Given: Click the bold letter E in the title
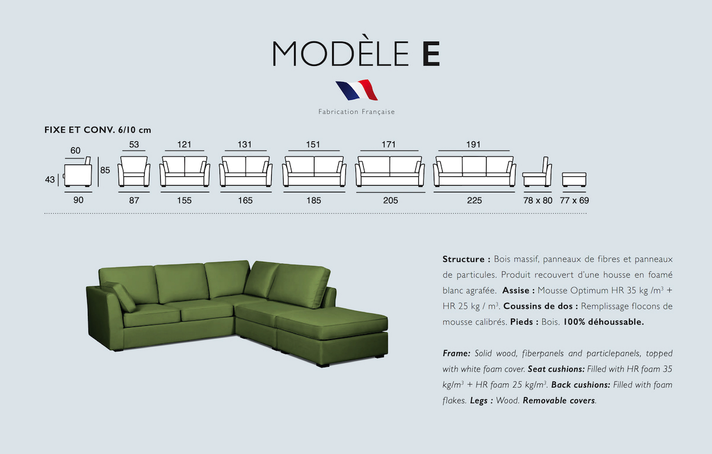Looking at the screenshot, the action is coord(431,53).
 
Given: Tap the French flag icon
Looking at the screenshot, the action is coord(357,90).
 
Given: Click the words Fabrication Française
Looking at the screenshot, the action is coord(357,112).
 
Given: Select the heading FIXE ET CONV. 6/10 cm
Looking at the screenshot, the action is coord(97,130).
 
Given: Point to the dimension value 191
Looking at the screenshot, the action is coord(473,145).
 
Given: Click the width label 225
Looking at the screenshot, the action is coord(474,201).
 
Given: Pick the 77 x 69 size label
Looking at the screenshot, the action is coord(574,201).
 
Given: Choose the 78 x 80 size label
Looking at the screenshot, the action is coord(538,201).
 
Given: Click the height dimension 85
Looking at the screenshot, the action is coord(105,170).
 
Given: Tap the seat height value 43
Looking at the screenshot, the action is coord(50,180).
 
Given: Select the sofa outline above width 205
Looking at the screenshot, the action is coord(390,171).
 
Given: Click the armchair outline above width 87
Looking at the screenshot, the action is coord(134,171).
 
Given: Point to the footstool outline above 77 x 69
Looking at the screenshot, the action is coord(574,180).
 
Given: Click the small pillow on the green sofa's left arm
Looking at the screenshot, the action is coord(118,296).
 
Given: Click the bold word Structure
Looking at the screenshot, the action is coord(464,259).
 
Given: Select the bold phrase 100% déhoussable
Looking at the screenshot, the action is coord(603,322).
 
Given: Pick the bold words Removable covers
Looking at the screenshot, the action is coord(559,401).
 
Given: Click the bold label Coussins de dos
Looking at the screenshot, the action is coord(541,306).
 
